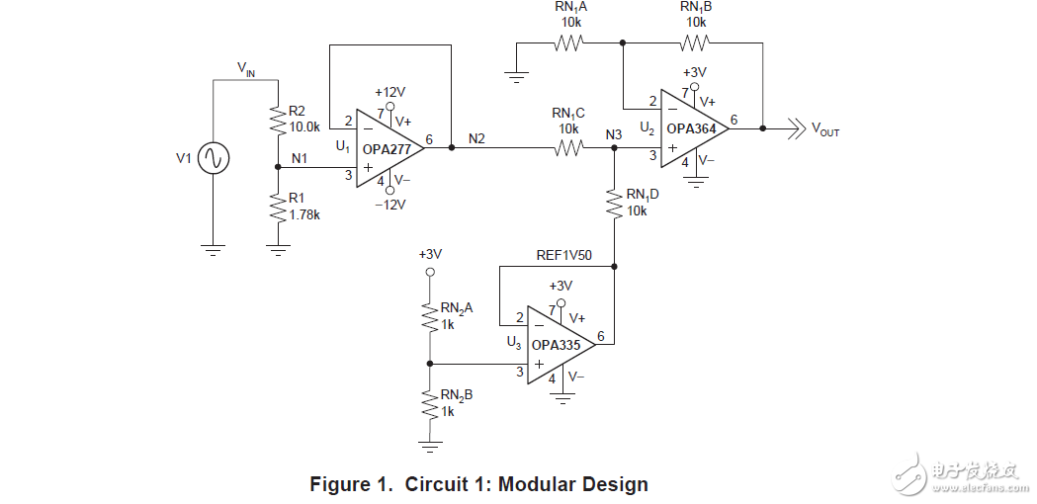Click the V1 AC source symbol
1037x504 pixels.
point(213,158)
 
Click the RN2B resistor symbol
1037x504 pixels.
point(429,403)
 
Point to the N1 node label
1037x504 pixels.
point(300,157)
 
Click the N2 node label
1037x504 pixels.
point(477,137)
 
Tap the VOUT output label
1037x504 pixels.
point(825,129)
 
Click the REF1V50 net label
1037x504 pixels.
point(563,254)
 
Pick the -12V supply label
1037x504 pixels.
point(389,206)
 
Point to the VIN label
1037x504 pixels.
point(247,67)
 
